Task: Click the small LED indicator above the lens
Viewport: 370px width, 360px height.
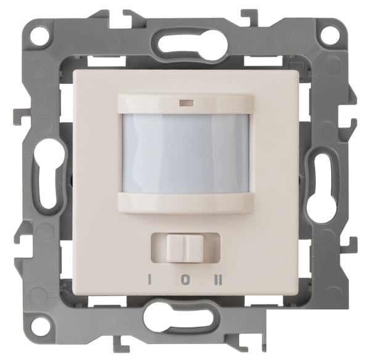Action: [x=187, y=103]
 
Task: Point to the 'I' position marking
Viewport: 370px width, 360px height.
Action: [x=149, y=280]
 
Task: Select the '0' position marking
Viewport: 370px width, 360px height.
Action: [x=186, y=280]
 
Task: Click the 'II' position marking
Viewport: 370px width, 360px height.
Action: [x=220, y=280]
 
